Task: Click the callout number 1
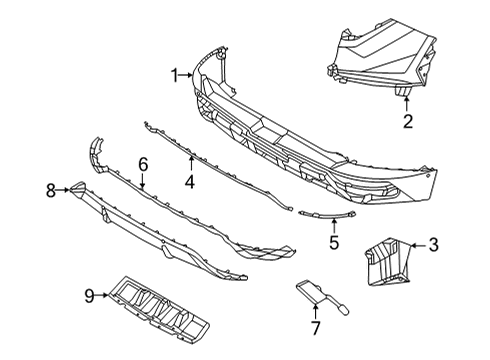coord(175,75)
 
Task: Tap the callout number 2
coord(408,121)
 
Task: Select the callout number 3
coord(433,245)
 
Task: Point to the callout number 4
coord(190,182)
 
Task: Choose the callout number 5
coord(334,242)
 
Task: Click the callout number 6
coord(143,165)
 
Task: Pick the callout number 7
coord(315,328)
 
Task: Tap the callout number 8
coord(51,191)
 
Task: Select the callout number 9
coord(89,296)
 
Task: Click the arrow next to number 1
coord(185,75)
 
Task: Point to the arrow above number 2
coord(407,103)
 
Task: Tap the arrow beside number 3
coord(418,246)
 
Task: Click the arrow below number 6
coord(143,181)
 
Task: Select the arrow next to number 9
coord(102,295)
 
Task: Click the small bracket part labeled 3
coord(388,261)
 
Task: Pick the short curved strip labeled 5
coord(327,215)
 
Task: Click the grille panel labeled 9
coord(159,306)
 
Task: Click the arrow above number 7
coord(315,311)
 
